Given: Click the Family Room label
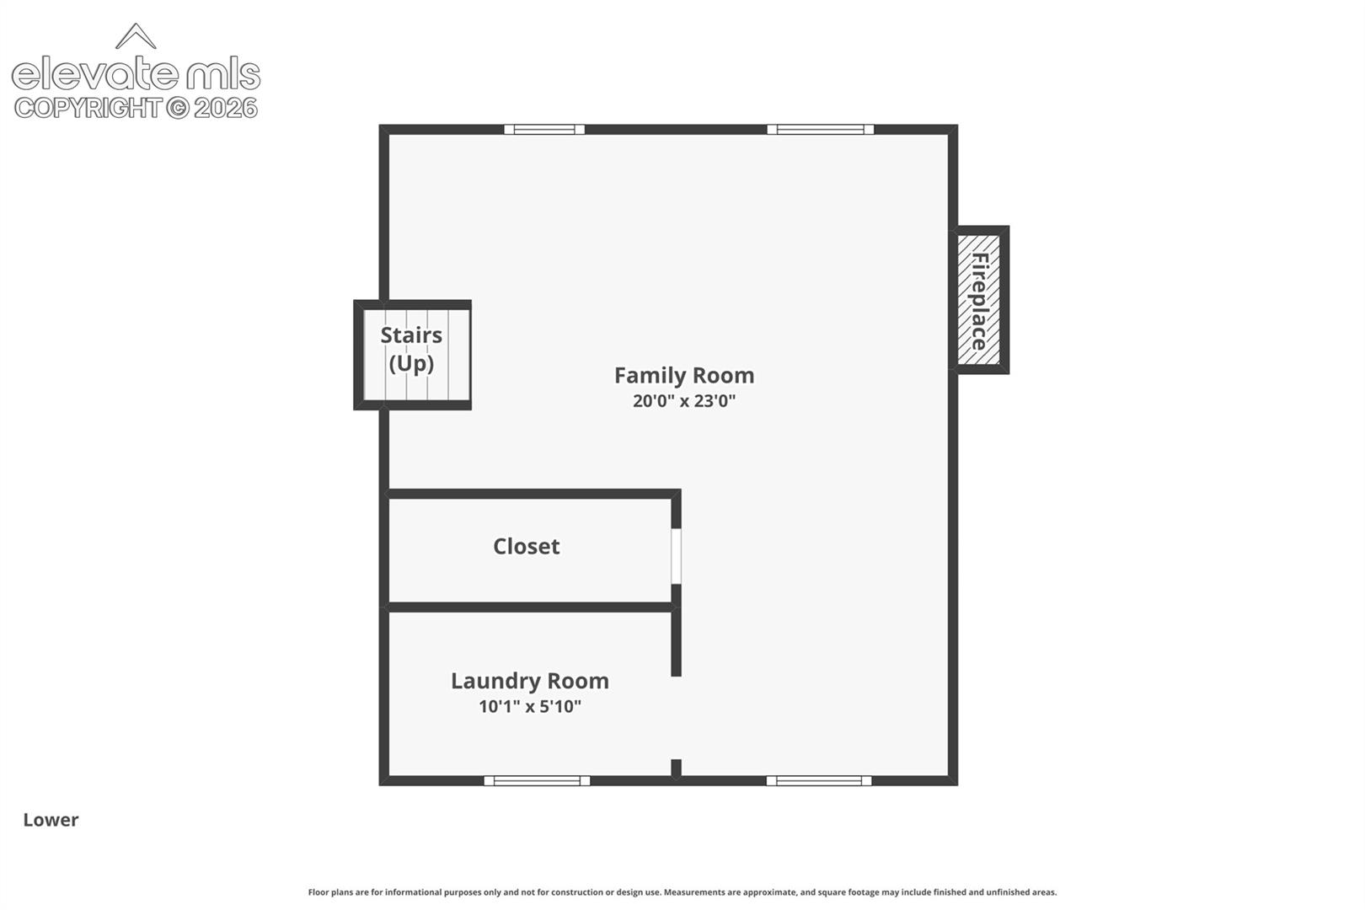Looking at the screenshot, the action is (683, 376).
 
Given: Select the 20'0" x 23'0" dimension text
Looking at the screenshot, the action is (683, 401).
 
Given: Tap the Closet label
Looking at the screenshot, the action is (526, 546).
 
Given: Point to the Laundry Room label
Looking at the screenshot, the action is (529, 681).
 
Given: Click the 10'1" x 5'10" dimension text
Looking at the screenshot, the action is (529, 706).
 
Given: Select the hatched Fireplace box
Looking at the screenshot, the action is (978, 300).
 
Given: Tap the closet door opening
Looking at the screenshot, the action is (676, 556).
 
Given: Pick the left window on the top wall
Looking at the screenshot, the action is (544, 129).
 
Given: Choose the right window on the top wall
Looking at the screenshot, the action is (820, 129).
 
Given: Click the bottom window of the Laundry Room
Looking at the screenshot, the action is (537, 781).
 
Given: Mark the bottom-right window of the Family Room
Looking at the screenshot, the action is (819, 781).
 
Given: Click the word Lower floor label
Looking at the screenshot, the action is (51, 820).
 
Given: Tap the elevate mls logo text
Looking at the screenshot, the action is (136, 74).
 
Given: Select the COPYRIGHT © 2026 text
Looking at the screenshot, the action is (136, 109).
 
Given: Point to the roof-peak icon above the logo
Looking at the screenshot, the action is (136, 35).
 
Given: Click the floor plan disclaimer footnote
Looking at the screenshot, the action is (682, 892).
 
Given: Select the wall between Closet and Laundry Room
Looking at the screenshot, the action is (530, 607).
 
